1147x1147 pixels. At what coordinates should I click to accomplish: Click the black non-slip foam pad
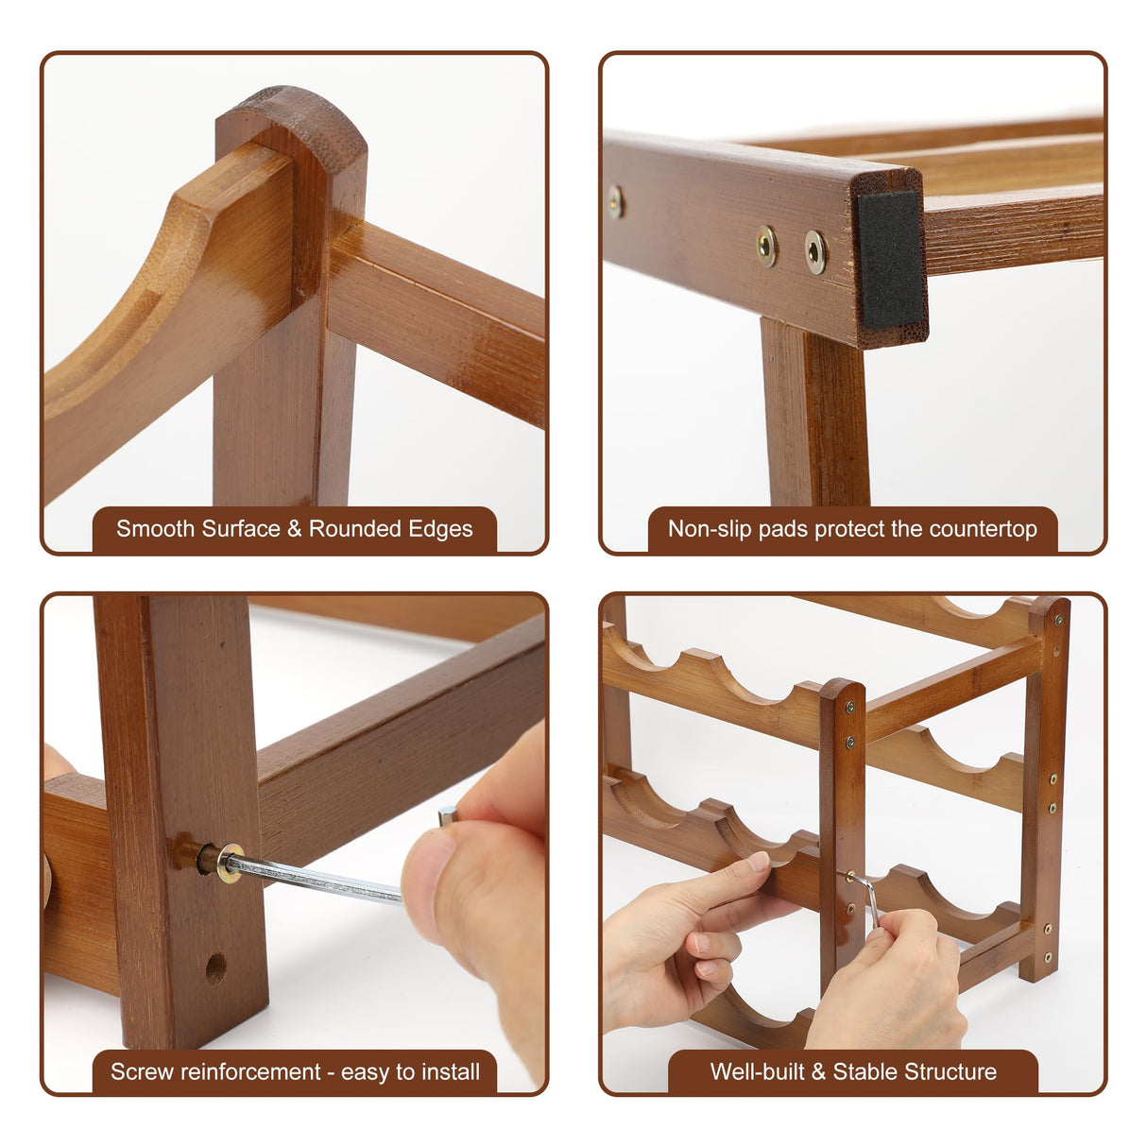click(891, 260)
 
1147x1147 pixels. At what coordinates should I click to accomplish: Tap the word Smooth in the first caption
click(156, 528)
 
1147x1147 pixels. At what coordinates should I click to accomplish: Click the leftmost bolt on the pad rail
click(615, 202)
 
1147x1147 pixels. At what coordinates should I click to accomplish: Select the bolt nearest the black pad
click(815, 251)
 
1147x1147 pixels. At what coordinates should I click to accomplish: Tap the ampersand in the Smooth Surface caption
click(295, 528)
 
